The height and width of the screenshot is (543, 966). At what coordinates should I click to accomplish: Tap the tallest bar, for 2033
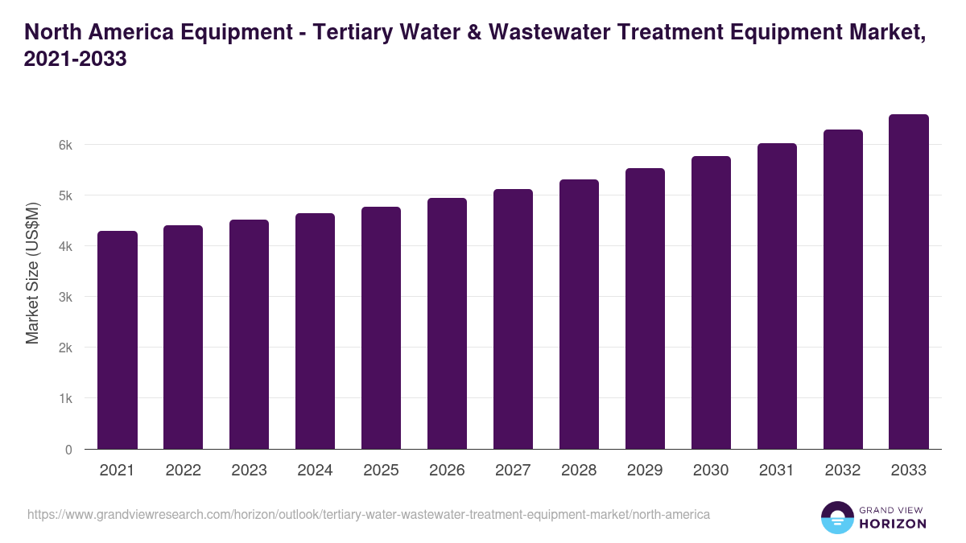coord(909,282)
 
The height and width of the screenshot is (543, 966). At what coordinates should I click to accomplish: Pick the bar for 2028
coord(579,315)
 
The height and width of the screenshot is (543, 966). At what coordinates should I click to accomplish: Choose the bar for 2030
coord(711,302)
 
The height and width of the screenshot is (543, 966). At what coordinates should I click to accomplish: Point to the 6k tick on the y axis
coord(65,145)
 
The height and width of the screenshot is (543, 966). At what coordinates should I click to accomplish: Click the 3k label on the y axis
coord(65,297)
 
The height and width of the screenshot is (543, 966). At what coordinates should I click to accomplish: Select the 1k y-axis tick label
coord(65,399)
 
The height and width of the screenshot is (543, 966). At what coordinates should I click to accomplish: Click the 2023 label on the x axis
coord(249,471)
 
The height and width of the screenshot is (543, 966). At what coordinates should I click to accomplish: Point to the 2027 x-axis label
coord(513,471)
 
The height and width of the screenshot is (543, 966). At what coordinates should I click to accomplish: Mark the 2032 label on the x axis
coord(843,471)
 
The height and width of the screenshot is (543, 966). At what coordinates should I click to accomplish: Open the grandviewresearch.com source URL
coord(368,514)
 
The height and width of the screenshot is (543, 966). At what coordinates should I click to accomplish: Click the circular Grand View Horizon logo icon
coord(836,517)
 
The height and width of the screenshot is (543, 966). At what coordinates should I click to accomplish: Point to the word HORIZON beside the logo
coord(893,524)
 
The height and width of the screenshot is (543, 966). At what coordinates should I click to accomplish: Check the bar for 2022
coord(183,337)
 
